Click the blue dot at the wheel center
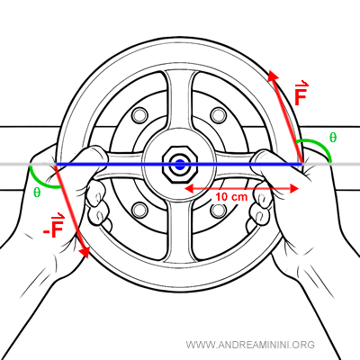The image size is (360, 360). [180, 164]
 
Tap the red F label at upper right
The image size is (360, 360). [302, 97]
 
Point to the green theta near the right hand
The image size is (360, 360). [333, 137]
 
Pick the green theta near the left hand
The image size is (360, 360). [36, 192]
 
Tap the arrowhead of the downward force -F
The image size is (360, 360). [85, 255]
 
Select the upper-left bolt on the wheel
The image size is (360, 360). [140, 117]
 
